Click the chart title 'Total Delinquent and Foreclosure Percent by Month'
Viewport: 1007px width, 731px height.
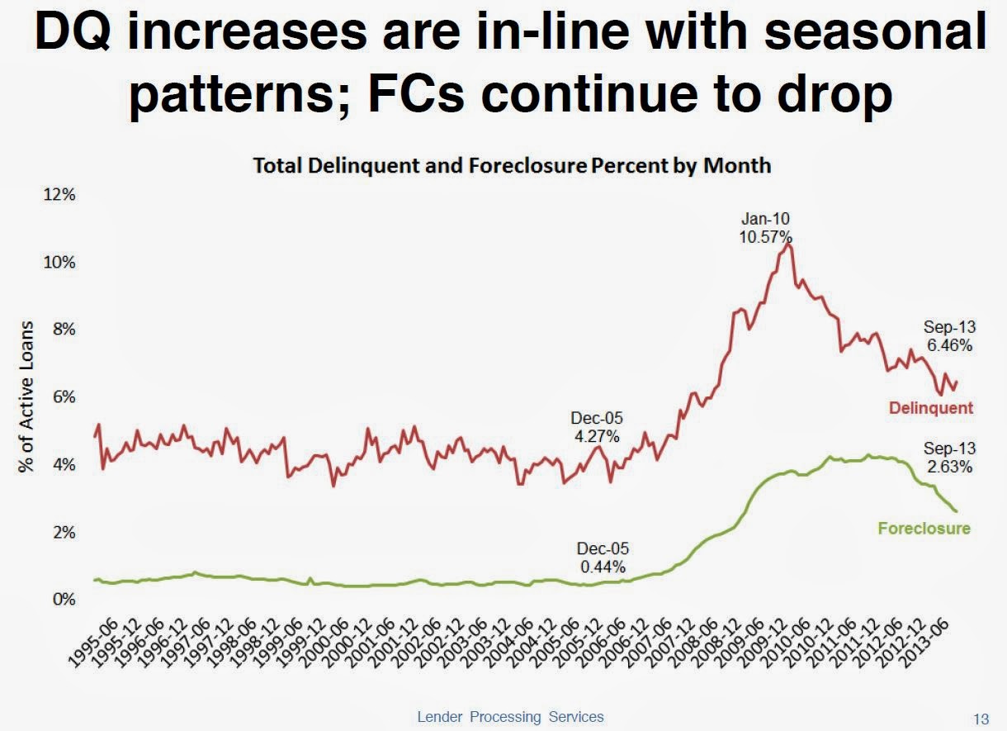(x=512, y=165)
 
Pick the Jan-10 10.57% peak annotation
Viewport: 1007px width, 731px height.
(x=765, y=227)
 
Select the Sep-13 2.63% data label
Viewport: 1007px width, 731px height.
(x=949, y=458)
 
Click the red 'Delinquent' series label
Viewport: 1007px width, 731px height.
(x=931, y=408)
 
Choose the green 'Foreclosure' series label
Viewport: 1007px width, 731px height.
(x=924, y=529)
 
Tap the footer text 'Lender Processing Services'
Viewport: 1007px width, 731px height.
(x=510, y=717)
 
